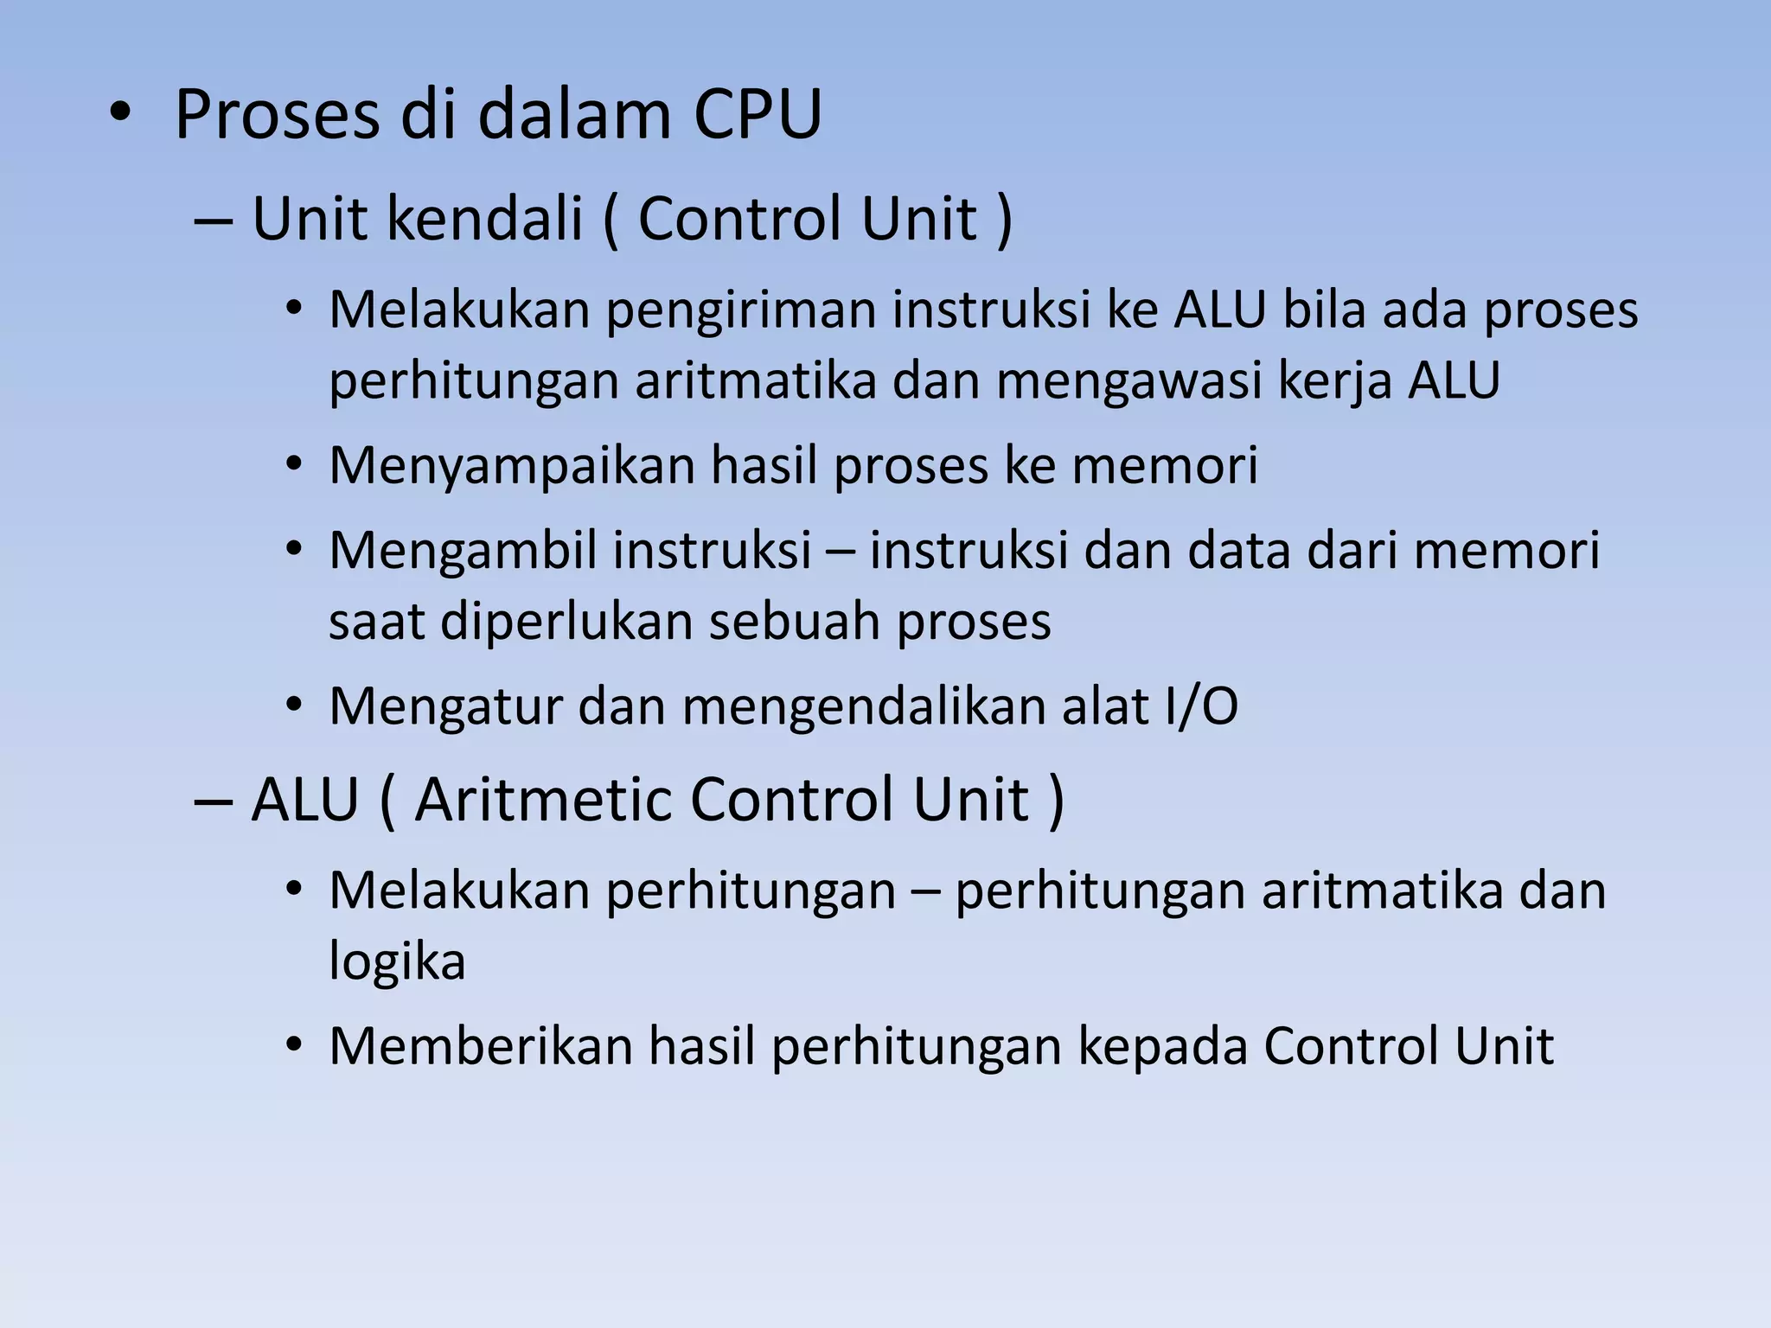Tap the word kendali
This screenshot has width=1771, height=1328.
point(483,218)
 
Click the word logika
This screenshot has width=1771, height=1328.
point(397,961)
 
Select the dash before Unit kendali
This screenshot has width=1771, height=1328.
point(213,220)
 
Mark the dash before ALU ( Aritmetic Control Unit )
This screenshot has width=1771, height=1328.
point(213,801)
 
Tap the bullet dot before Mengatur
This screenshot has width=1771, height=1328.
point(295,706)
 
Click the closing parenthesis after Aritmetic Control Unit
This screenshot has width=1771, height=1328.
point(1055,801)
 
